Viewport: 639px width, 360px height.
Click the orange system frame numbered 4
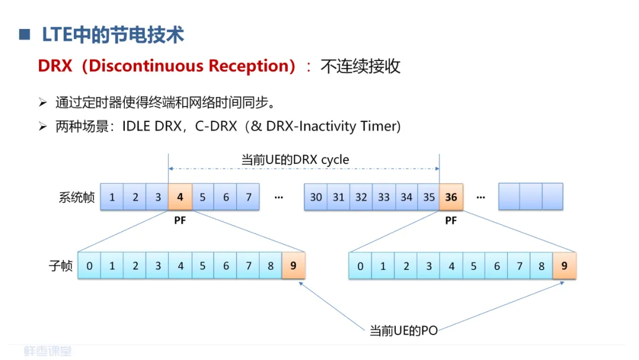[x=180, y=197]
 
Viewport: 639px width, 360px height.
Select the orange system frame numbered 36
[x=451, y=197]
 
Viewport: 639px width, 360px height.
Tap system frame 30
[x=316, y=197]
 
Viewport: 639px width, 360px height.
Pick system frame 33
[x=383, y=197]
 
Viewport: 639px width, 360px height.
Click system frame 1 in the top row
[x=112, y=197]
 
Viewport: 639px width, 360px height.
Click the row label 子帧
[x=60, y=266]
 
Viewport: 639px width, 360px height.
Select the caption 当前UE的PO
[x=404, y=330]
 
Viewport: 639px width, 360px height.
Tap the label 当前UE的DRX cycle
[x=295, y=159]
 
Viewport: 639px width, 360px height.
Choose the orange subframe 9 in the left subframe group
[x=293, y=266]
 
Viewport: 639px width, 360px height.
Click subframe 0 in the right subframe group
[x=360, y=266]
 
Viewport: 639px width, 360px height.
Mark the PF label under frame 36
[x=451, y=221]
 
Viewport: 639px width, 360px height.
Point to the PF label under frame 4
[x=180, y=221]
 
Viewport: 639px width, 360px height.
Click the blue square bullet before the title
[x=24, y=34]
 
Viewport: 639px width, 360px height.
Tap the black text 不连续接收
[x=360, y=66]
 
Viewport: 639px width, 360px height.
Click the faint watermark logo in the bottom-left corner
[x=48, y=351]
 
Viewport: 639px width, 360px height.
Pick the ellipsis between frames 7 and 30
[x=279, y=197]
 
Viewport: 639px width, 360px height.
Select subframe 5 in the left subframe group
[x=203, y=266]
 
